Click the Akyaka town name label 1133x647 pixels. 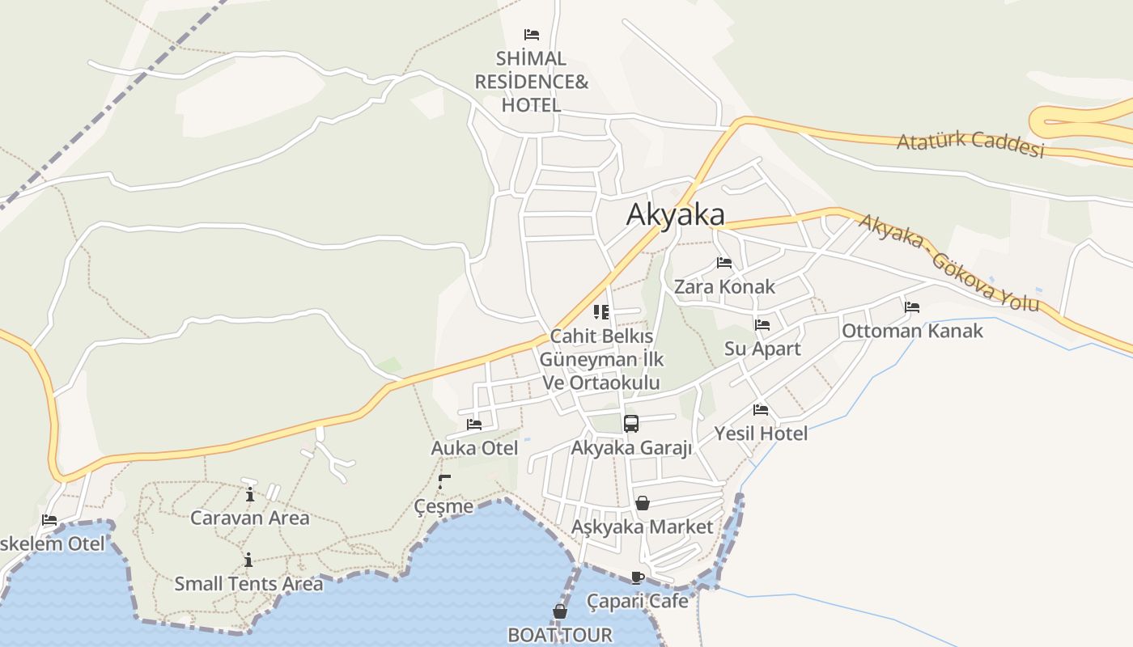pos(675,214)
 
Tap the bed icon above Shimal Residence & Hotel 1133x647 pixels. pos(532,34)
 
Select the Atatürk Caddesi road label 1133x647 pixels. pos(970,144)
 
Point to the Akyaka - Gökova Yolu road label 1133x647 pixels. pos(948,262)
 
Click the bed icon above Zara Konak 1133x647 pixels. pos(724,263)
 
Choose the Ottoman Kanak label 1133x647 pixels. pos(912,330)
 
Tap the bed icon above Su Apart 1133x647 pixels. pos(762,325)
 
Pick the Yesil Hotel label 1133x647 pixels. pos(761,433)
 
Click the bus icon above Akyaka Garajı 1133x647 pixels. pos(631,423)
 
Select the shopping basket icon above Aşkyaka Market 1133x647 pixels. pos(643,503)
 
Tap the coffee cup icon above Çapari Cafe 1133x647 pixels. pos(638,577)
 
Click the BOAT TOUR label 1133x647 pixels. pos(560,634)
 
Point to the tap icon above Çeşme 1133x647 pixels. pos(444,482)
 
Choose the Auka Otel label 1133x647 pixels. pos(474,447)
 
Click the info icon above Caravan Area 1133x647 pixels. pos(250,494)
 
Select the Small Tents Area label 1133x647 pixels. pos(248,583)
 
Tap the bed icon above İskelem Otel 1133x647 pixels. pos(50,520)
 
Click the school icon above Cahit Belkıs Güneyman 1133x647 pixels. pos(601,311)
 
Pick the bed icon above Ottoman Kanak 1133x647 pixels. pos(912,307)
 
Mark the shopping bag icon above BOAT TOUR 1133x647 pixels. pos(560,611)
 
